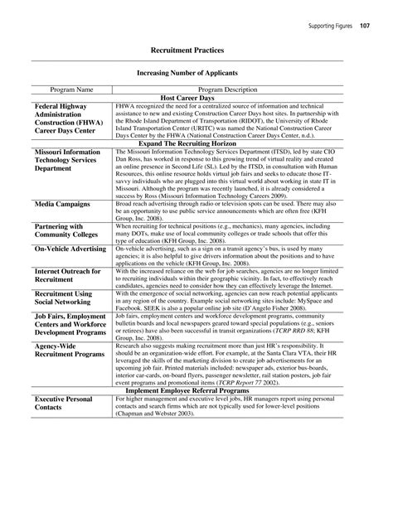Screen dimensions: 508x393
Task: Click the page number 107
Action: point(364,26)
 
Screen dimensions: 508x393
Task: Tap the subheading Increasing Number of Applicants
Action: point(196,71)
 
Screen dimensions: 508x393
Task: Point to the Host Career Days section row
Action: point(196,98)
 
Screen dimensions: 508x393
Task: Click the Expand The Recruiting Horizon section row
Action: point(196,143)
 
